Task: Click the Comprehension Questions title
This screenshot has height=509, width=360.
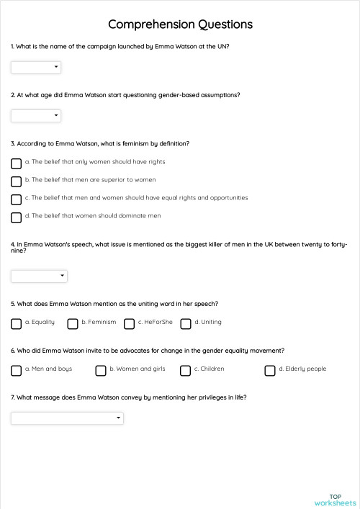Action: pyautogui.click(x=180, y=24)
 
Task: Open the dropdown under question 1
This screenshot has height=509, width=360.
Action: pyautogui.click(x=36, y=68)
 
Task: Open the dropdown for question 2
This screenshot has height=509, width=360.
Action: pyautogui.click(x=36, y=116)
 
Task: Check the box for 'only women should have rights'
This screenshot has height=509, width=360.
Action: pyautogui.click(x=16, y=163)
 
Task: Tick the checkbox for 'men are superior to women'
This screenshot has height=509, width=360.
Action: pyautogui.click(x=16, y=181)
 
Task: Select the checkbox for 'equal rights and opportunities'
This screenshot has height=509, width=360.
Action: pyautogui.click(x=16, y=199)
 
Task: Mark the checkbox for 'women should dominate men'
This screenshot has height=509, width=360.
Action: pyautogui.click(x=16, y=217)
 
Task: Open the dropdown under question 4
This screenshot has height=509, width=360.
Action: pyautogui.click(x=39, y=276)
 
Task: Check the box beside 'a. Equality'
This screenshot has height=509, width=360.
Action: pyautogui.click(x=16, y=324)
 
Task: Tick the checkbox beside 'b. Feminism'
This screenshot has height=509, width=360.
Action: pyautogui.click(x=73, y=324)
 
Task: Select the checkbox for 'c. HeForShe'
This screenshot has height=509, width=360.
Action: pyautogui.click(x=129, y=324)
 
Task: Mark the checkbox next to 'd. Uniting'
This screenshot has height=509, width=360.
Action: pyautogui.click(x=186, y=324)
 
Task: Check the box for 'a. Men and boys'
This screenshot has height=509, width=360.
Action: pyautogui.click(x=16, y=371)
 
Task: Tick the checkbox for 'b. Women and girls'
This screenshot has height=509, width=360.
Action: pyautogui.click(x=101, y=371)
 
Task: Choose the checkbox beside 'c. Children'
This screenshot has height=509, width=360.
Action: pyautogui.click(x=185, y=371)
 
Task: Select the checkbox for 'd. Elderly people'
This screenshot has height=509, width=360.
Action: pyautogui.click(x=270, y=371)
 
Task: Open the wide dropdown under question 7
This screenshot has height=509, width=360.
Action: pyautogui.click(x=67, y=418)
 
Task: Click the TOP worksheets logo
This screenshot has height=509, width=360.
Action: pyautogui.click(x=335, y=499)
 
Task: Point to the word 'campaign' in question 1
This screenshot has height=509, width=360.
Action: pyautogui.click(x=92, y=46)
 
